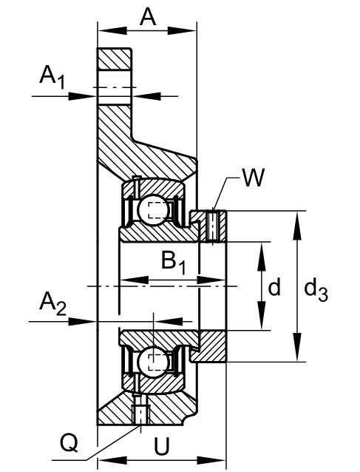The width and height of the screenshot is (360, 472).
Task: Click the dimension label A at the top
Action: pyautogui.click(x=148, y=16)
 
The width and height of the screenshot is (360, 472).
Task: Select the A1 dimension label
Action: pyautogui.click(x=52, y=77)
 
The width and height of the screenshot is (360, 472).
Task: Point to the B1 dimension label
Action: pyautogui.click(x=174, y=263)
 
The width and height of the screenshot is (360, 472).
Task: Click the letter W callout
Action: pyautogui.click(x=254, y=178)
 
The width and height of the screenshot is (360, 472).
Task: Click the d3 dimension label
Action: pyautogui.click(x=316, y=291)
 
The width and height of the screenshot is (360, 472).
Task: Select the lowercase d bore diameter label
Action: pyautogui.click(x=274, y=287)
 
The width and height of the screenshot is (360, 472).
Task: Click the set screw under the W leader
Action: pyautogui.click(x=213, y=226)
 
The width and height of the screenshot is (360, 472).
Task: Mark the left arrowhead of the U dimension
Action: pyautogui.click(x=113, y=460)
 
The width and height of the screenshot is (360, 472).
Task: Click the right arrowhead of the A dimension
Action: pyautogui.click(x=182, y=30)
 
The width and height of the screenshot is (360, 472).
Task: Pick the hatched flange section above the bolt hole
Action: pyautogui.click(x=114, y=59)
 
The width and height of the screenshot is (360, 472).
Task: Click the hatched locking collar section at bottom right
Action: pyautogui.click(x=211, y=346)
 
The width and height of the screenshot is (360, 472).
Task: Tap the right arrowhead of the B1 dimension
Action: pyautogui.click(x=211, y=280)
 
